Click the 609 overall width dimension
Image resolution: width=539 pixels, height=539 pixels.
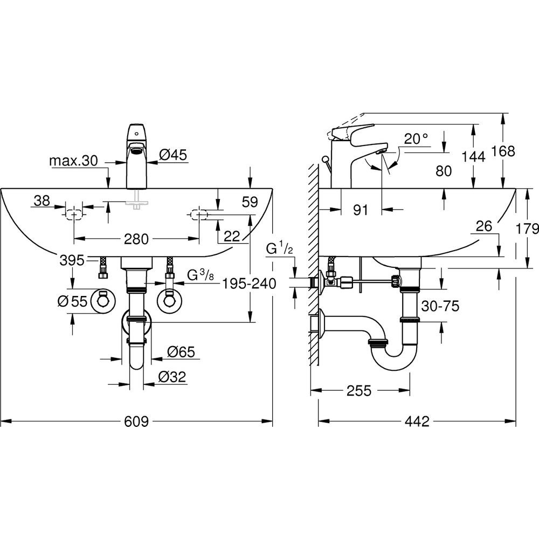point(136,421)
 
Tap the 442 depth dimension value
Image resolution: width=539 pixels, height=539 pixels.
point(417,421)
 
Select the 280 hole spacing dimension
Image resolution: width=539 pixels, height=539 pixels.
point(136,239)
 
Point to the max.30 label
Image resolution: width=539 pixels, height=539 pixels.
point(73,161)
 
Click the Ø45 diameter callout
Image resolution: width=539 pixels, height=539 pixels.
point(173,155)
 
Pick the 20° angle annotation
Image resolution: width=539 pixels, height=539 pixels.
point(416,139)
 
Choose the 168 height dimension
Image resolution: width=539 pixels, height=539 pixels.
point(503,151)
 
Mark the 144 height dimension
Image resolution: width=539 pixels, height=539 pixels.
point(473,157)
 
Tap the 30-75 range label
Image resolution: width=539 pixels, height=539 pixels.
point(440,306)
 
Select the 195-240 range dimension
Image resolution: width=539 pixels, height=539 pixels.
point(249,284)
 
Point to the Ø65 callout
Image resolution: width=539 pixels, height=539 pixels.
point(181,351)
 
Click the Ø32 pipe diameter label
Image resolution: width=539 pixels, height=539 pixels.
point(172,377)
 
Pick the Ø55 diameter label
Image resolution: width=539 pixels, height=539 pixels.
point(73,301)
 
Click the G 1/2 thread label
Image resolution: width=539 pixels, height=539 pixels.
point(280,248)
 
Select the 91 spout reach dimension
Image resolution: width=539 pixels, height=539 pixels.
point(361,210)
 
